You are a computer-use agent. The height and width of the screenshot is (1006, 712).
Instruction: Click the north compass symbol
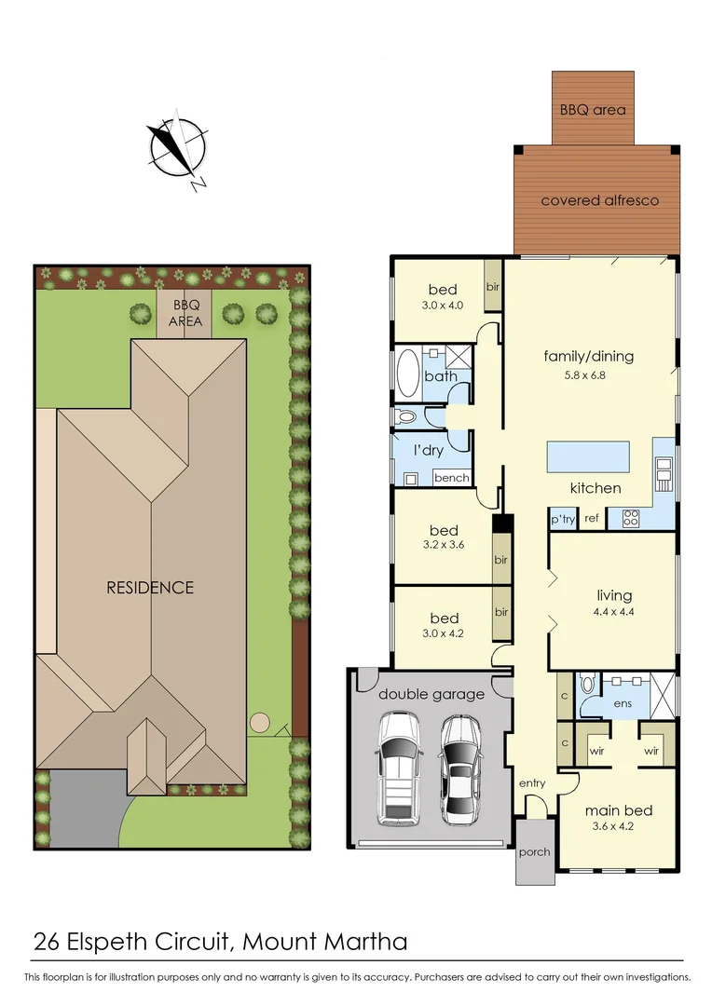coord(177,148)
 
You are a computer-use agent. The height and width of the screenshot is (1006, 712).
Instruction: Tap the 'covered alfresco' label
coord(599,200)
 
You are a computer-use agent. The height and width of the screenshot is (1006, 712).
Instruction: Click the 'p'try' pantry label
coord(563,520)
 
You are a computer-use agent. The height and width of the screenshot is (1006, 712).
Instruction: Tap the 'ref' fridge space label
coord(592,520)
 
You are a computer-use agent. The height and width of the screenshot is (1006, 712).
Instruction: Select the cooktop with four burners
coord(629,518)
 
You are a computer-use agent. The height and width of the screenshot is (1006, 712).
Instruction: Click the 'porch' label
coord(534,852)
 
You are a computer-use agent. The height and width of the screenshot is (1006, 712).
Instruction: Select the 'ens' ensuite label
coord(623,703)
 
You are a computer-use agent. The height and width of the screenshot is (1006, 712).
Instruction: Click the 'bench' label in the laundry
coord(452,478)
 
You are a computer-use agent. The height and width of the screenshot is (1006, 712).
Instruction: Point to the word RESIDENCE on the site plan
coord(150,588)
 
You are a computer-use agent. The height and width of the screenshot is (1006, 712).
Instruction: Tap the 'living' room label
coord(614,595)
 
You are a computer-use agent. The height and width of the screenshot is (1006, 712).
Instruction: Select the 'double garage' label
coord(431,694)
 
